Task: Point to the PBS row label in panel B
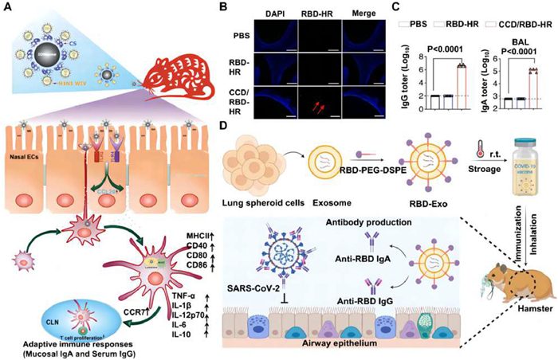coord(215,35)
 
